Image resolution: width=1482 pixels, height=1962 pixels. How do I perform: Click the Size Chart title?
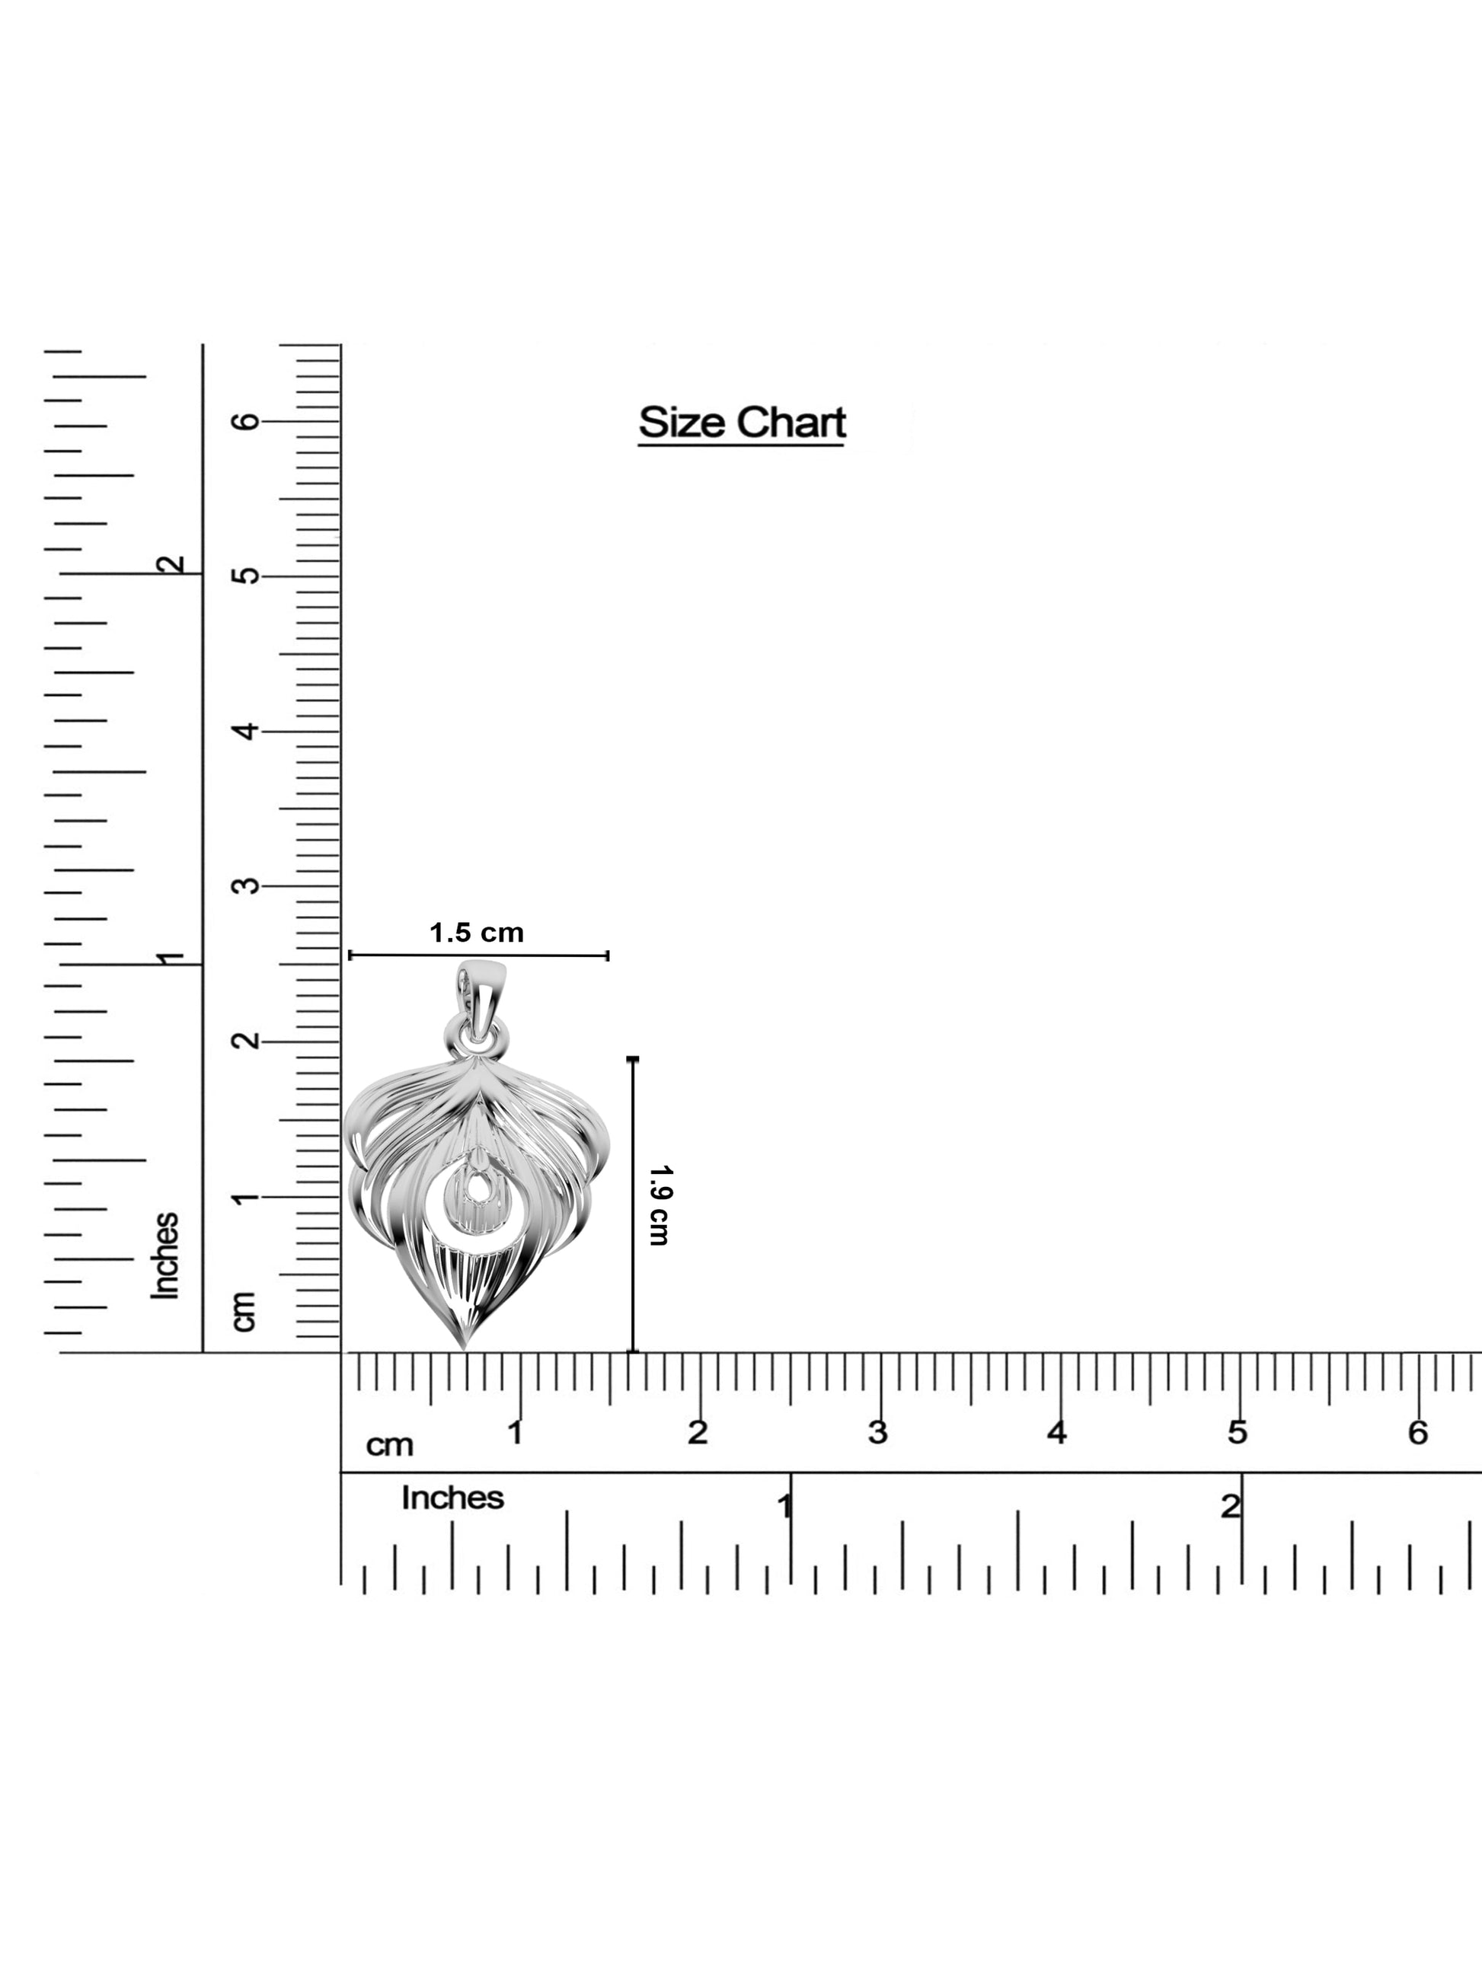(x=742, y=423)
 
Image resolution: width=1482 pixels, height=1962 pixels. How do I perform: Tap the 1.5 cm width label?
(x=477, y=933)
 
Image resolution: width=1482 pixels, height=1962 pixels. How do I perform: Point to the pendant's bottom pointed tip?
(x=463, y=1349)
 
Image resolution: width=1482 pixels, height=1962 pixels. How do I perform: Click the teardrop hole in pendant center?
(x=478, y=1188)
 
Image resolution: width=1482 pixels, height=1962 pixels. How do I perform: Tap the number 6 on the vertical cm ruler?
(x=247, y=420)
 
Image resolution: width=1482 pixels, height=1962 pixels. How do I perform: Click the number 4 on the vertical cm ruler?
(x=247, y=731)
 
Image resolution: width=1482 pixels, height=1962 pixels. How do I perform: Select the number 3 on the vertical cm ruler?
(x=247, y=885)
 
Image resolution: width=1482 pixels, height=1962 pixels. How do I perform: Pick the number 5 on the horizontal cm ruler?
(x=1237, y=1431)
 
